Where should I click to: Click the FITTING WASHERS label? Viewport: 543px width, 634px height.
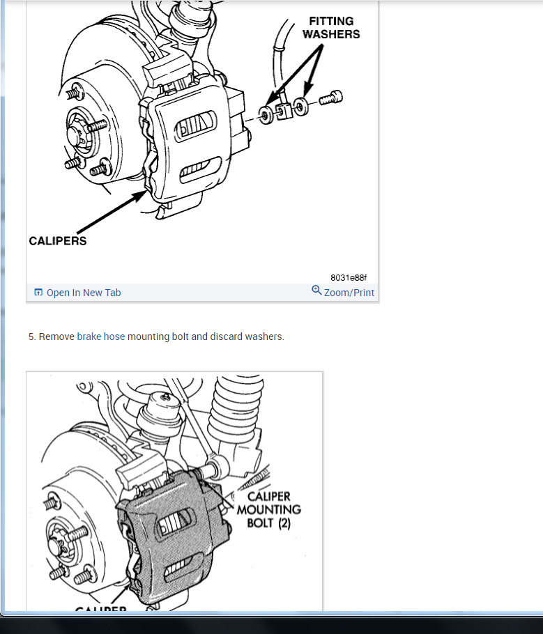(331, 27)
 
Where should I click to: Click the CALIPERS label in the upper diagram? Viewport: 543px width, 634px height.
(58, 240)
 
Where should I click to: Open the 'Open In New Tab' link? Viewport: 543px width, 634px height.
(83, 293)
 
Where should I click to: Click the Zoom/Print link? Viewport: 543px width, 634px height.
(349, 293)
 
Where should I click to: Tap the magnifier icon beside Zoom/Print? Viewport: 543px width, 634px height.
(316, 291)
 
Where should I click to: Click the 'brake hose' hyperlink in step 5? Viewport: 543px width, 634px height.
(101, 337)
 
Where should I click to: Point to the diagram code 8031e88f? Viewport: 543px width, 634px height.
(349, 277)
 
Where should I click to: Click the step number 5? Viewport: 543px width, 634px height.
(32, 337)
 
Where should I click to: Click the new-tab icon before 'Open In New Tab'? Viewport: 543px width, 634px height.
(38, 293)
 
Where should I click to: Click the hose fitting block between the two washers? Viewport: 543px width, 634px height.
(283, 111)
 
